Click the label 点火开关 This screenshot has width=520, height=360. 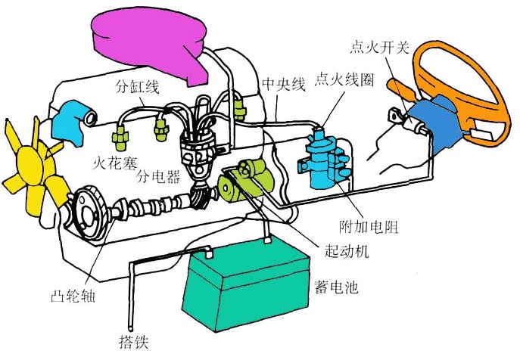pos(380,48)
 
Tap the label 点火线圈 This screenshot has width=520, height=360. pos(345,79)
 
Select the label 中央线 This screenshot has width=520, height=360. pos(283,84)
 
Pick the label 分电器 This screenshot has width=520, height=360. pos(158,178)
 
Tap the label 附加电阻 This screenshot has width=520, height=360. pos(370,226)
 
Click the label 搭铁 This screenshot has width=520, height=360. pos(135,339)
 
